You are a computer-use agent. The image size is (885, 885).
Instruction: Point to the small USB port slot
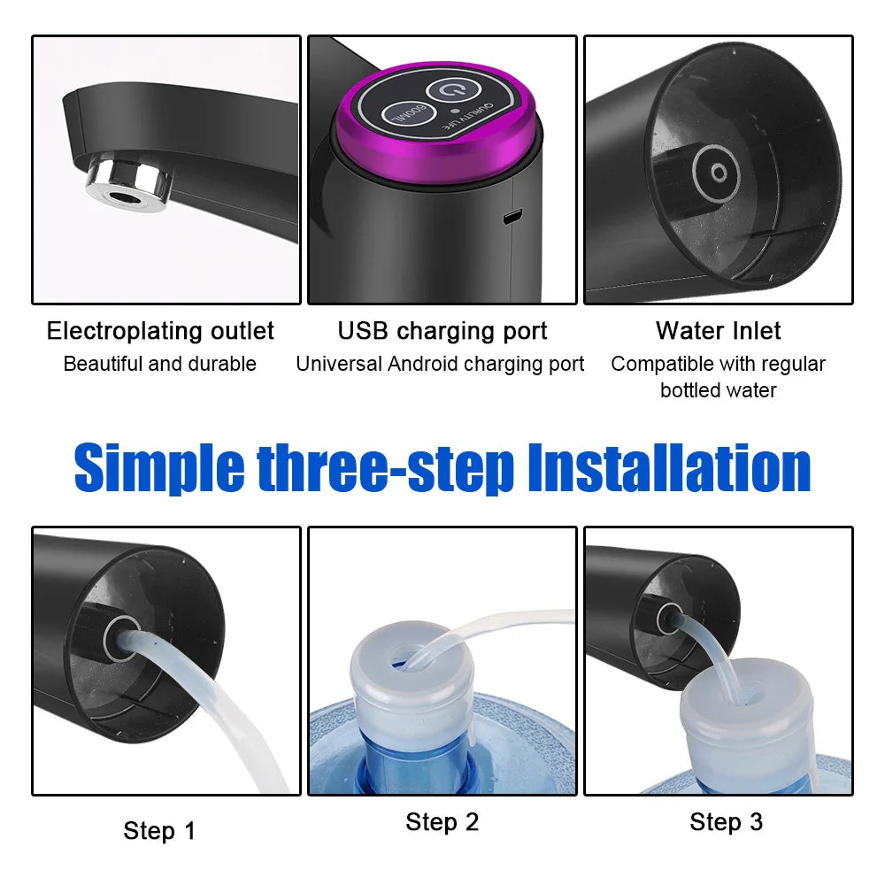pyautogui.click(x=512, y=216)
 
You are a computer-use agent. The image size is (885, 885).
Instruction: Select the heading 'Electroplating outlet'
pyautogui.click(x=160, y=331)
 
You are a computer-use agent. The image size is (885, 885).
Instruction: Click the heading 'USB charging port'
pyautogui.click(x=442, y=331)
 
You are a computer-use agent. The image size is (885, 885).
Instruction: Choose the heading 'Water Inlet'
pyautogui.click(x=719, y=331)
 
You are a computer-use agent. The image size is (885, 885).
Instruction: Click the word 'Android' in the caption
pyautogui.click(x=422, y=364)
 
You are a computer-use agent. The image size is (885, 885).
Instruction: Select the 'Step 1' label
pyautogui.click(x=159, y=831)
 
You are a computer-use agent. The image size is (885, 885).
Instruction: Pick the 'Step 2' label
pyautogui.click(x=442, y=822)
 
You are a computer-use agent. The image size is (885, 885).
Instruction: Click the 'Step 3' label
pyautogui.click(x=726, y=822)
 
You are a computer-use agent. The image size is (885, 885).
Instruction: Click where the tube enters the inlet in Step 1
pyautogui.click(x=118, y=636)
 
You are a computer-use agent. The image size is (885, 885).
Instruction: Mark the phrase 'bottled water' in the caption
pyautogui.click(x=719, y=390)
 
